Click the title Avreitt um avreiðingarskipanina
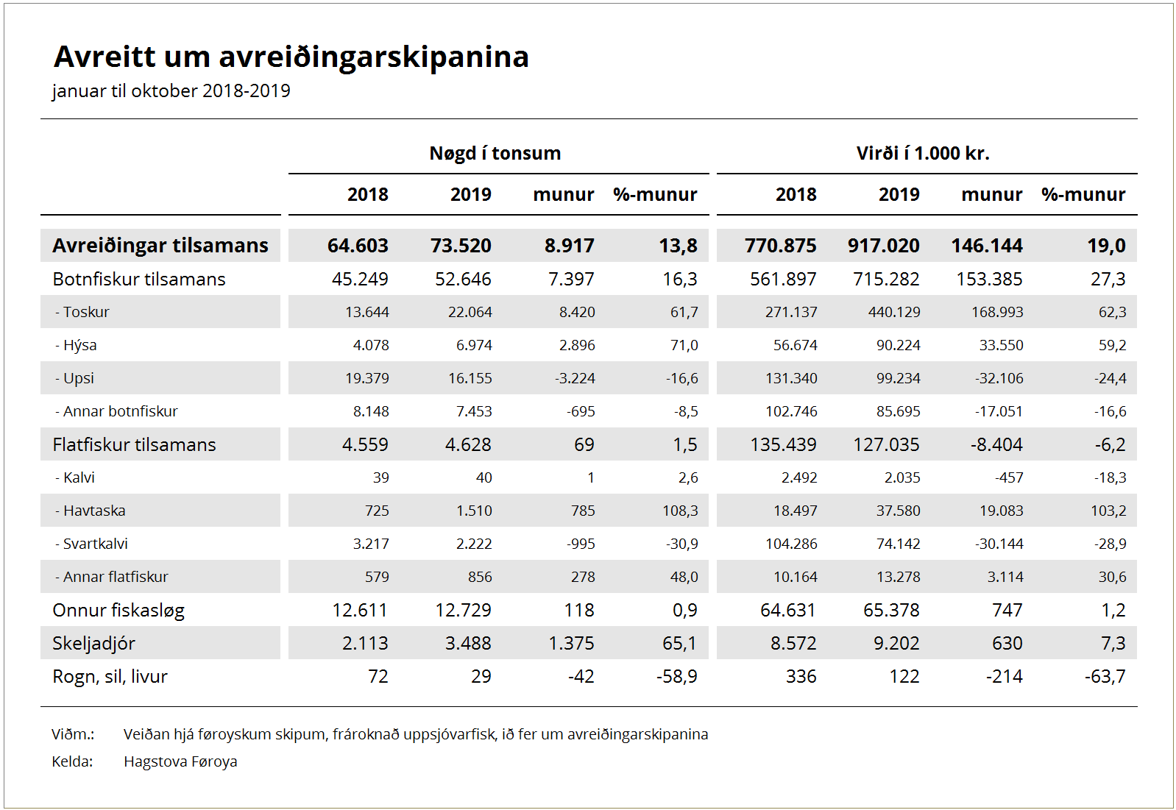291,57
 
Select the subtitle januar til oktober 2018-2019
171,90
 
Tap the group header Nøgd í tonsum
495,153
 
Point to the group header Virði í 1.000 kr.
922,153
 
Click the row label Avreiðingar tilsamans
160,245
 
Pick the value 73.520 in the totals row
461,245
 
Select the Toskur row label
82,312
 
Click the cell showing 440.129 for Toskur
894,312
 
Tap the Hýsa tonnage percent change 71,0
684,345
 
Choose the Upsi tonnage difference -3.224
575,378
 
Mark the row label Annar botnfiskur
116,411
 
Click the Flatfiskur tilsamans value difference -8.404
996,444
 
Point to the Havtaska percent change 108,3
680,511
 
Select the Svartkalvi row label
91,544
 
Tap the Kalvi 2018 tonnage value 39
380,477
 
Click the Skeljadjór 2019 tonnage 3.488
468,643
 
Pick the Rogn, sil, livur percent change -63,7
1105,676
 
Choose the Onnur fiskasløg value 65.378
891,610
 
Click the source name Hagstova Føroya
180,761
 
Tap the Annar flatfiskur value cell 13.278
899,576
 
